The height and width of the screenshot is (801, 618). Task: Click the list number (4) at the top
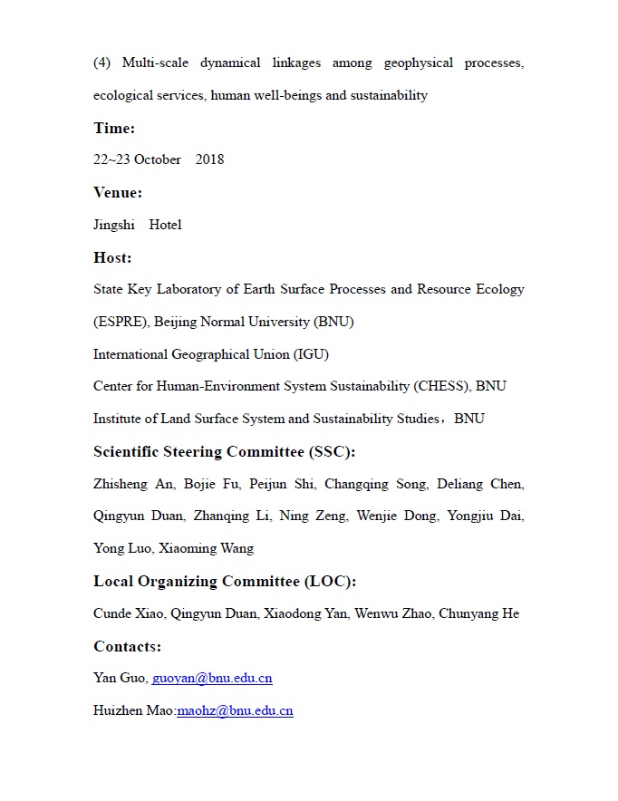pos(101,63)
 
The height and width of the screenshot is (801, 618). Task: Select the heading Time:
pos(114,128)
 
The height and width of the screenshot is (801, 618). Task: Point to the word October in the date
pos(157,159)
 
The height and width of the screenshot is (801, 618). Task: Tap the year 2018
pos(209,159)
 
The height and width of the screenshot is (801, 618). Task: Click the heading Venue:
pos(118,192)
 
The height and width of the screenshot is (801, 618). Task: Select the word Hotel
pos(165,225)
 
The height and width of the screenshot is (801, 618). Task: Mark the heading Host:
pos(112,257)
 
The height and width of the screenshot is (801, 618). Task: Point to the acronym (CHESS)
pos(442,386)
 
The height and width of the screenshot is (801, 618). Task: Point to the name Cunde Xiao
pos(126,613)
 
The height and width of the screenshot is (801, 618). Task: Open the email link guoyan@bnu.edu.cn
pos(212,678)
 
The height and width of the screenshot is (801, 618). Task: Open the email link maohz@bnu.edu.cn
pos(235,710)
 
